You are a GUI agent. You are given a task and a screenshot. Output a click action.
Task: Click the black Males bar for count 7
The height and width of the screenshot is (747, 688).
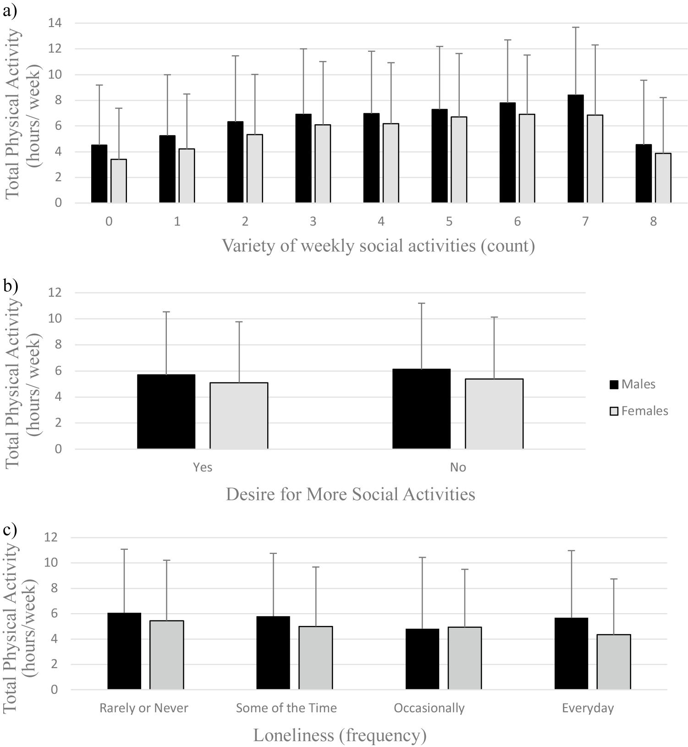point(575,149)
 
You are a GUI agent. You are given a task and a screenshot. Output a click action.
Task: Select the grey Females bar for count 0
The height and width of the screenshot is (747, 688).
point(119,181)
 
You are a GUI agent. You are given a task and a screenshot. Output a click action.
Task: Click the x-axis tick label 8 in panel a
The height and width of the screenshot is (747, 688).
point(653,221)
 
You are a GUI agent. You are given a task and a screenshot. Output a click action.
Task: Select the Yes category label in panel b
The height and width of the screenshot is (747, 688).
point(203,467)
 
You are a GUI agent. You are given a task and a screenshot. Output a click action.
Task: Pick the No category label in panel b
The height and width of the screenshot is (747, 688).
point(458,467)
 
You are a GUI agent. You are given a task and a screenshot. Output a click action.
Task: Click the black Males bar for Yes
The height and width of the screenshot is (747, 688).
point(166,412)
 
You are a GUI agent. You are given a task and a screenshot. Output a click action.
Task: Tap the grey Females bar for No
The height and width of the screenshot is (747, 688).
point(494,414)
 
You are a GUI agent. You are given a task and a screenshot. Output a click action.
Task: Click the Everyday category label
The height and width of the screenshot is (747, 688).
point(588,708)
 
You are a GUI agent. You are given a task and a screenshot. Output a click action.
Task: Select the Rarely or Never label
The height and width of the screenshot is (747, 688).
point(144,708)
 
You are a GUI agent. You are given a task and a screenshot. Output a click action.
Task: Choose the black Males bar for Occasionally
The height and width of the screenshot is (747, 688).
point(423,659)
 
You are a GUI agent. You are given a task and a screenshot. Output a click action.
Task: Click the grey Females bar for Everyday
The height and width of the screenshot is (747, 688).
point(614,662)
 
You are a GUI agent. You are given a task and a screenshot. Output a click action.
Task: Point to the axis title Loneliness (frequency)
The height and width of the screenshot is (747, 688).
point(340,735)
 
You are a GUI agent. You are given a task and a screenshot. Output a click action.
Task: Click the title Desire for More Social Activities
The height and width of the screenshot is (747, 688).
point(350,494)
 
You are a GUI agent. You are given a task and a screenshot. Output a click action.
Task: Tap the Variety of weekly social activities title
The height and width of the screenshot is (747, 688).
point(378,246)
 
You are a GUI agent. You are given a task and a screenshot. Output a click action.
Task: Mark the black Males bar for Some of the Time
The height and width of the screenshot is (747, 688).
point(273,653)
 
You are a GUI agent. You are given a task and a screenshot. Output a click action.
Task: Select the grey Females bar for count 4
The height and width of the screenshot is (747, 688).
point(391,163)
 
